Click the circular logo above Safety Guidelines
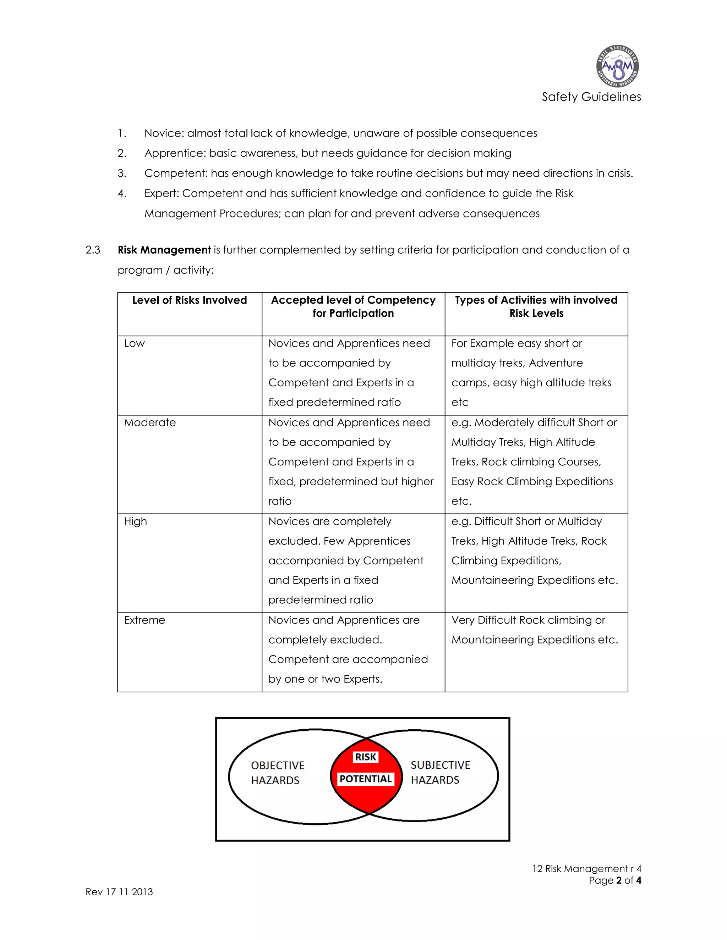tap(617, 67)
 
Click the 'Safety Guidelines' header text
tap(591, 97)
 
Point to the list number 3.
tap(122, 173)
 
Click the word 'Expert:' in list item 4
tap(162, 193)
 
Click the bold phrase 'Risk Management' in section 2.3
tap(164, 250)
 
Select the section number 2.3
tap(93, 250)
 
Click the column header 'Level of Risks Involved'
tap(190, 300)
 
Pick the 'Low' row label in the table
tap(135, 343)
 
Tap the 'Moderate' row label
tap(150, 423)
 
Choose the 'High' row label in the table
tap(135, 522)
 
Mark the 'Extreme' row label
tap(144, 620)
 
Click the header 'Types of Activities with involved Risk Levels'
tap(536, 306)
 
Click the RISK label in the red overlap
tap(365, 757)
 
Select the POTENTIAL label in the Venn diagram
tap(366, 779)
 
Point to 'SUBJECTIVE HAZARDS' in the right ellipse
tap(440, 773)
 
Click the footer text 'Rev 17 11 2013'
tap(119, 892)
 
